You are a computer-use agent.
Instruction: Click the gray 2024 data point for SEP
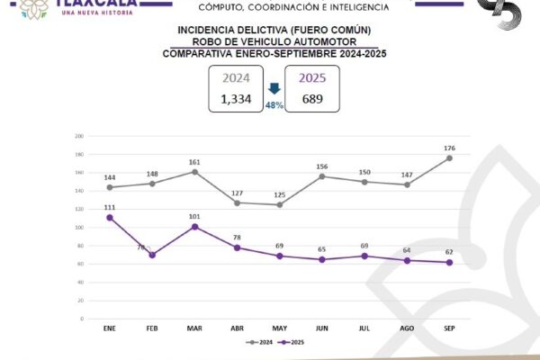point(449,158)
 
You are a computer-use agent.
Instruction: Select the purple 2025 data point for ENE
point(110,217)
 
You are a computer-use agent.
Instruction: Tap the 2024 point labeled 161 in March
point(194,172)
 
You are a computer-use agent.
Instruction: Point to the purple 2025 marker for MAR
point(194,226)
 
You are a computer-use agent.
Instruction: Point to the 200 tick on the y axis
point(79,136)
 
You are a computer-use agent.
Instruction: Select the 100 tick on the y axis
point(79,227)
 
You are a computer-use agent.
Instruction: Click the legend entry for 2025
point(293,343)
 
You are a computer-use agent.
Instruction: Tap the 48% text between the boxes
point(274,105)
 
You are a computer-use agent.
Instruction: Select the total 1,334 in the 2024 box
point(235,98)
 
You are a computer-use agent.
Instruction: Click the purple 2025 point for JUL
point(364,256)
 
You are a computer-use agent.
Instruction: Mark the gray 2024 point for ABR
point(237,202)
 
